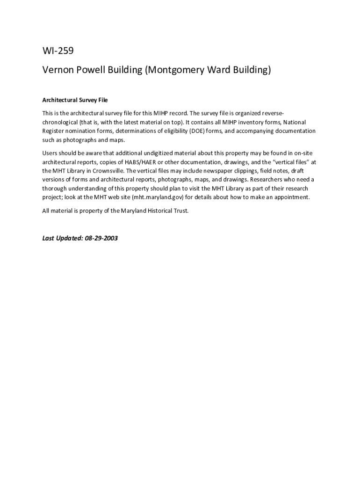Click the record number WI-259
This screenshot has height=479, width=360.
pyautogui.click(x=58, y=51)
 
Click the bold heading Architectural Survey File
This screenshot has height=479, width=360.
pyautogui.click(x=75, y=100)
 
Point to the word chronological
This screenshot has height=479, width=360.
pyautogui.click(x=61, y=122)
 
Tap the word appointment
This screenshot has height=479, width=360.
pyautogui.click(x=291, y=197)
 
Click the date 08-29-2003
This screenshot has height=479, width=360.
pyautogui.click(x=101, y=238)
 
